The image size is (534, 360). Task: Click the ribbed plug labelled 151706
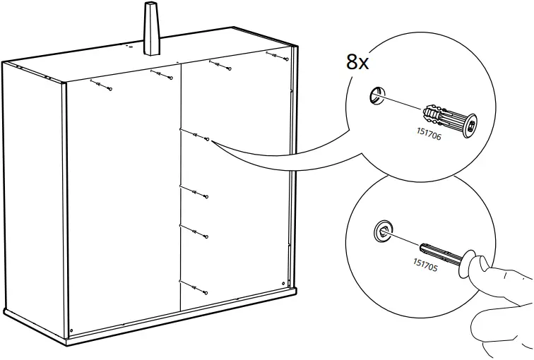pos(449,120)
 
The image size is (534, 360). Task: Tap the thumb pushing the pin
pos(482,266)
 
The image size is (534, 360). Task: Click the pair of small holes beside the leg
pos(130,46)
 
